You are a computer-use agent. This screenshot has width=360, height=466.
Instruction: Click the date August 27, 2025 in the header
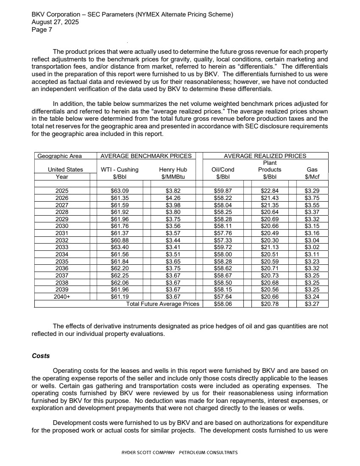coord(55,22)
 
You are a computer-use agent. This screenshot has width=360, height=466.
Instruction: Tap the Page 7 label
coord(42,30)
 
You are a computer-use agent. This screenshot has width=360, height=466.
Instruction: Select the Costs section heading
coord(41,356)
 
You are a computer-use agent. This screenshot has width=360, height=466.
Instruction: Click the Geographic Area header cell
coord(59,156)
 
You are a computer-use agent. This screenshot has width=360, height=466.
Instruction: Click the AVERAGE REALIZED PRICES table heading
coord(265,156)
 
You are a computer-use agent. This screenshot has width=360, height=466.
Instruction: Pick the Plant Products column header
coord(270,166)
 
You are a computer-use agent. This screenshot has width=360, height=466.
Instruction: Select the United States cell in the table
coord(65,169)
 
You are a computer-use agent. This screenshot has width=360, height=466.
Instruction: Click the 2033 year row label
coord(62,247)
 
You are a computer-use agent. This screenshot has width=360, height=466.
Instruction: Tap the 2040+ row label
coord(62,297)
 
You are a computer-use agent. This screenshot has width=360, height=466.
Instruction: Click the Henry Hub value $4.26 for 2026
coord(173,198)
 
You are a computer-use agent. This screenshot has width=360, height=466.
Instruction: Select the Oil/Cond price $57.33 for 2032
coord(223,240)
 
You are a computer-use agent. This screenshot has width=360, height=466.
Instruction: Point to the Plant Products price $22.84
coord(270,191)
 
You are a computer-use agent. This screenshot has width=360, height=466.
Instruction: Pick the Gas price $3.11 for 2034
coord(312,254)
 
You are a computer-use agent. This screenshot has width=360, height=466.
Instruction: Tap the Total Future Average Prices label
coord(163,304)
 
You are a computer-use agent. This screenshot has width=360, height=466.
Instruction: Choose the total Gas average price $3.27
coord(312,304)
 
